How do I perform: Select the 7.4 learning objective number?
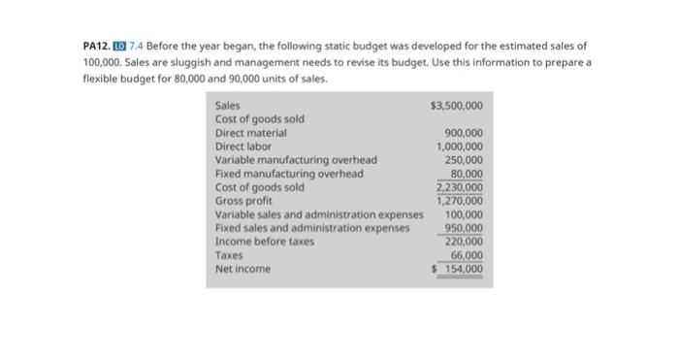coord(137,46)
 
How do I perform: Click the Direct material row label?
coord(250,133)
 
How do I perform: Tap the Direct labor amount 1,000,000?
coord(460,147)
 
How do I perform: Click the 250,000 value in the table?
coord(464,160)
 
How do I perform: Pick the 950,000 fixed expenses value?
coord(464,228)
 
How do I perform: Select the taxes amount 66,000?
coord(467,254)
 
